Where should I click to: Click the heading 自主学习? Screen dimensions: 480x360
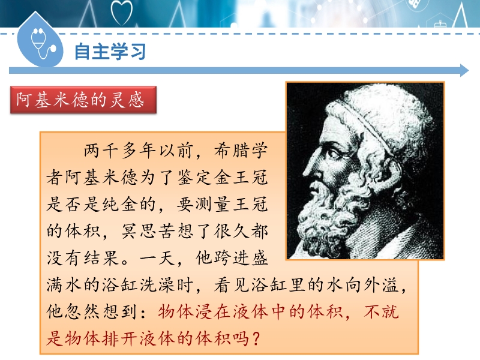110,52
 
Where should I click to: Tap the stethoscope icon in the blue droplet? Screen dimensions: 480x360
42,43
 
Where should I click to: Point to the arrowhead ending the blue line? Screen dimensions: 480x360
464,71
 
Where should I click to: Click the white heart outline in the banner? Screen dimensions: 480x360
122,13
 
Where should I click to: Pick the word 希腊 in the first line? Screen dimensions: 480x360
232,151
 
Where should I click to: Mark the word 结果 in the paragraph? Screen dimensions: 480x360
101,258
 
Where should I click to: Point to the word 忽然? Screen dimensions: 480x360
83,312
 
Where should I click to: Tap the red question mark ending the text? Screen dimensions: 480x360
256,339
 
